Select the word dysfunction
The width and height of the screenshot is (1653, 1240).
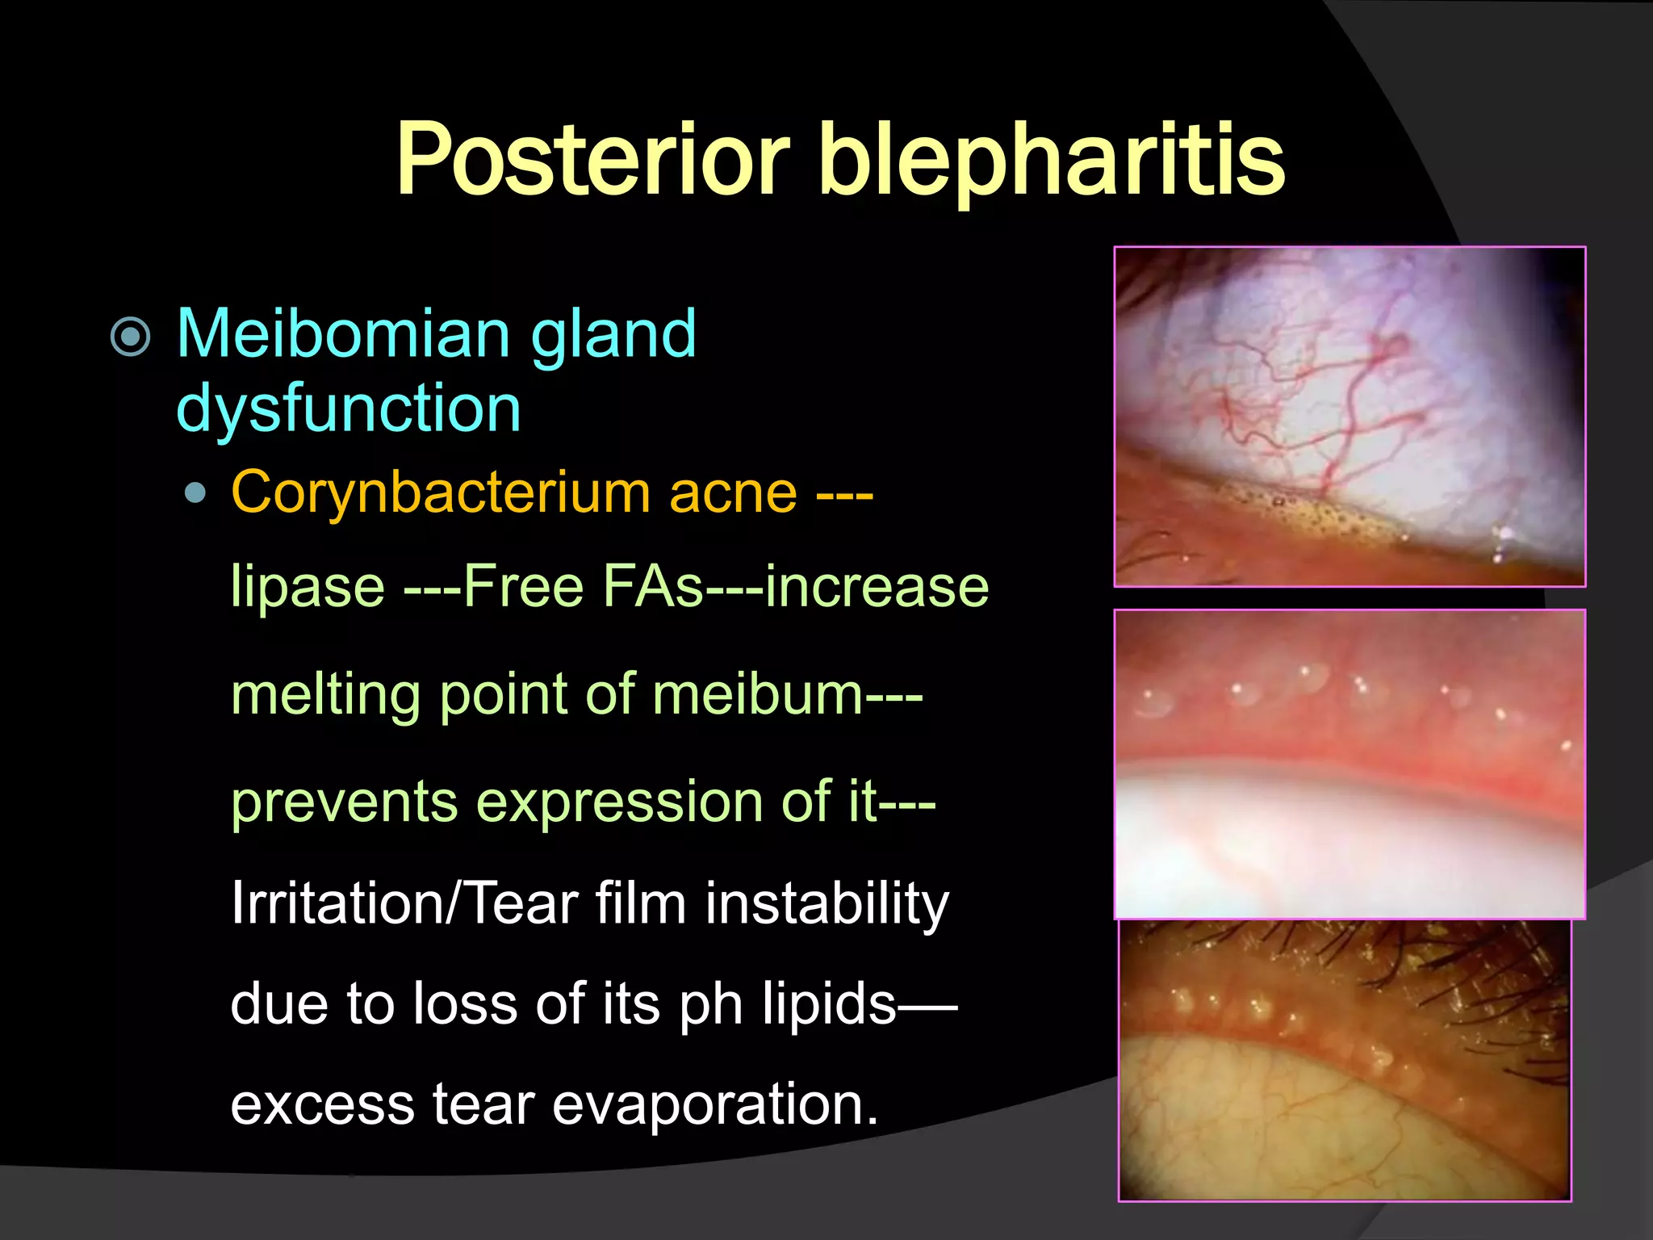[x=349, y=408]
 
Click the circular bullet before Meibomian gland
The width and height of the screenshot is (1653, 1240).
[x=131, y=337]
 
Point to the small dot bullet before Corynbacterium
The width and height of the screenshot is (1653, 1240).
[x=195, y=492]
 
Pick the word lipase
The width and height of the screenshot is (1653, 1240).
[x=308, y=586]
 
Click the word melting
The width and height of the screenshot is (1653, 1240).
[x=325, y=695]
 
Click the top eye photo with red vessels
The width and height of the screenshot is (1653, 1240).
[x=1350, y=417]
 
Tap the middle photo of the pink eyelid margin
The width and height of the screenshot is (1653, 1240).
[x=1350, y=764]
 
